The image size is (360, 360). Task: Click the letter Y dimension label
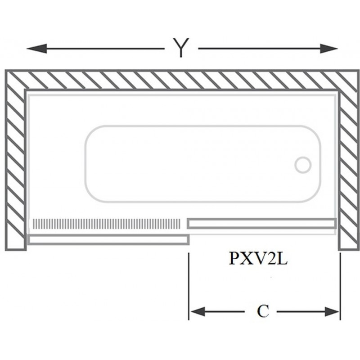(181, 48)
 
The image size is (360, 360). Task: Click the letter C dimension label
(263, 311)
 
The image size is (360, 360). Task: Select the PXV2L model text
(258, 259)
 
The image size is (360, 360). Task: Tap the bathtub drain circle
(303, 165)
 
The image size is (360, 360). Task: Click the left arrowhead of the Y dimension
(37, 49)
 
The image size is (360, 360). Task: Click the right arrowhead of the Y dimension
(329, 49)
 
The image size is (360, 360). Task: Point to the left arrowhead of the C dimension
(198, 311)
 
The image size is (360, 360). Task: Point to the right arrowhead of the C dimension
(332, 311)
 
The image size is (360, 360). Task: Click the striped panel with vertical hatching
(107, 224)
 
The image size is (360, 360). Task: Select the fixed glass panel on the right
(262, 224)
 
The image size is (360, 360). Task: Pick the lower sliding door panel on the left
(108, 239)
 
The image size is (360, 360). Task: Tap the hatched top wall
(182, 80)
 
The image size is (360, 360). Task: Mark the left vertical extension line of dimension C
(189, 286)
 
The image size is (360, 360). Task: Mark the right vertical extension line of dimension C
(340, 286)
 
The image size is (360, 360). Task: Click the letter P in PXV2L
(234, 259)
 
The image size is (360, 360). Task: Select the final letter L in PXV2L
(283, 259)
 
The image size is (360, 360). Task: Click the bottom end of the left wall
(16, 249)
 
